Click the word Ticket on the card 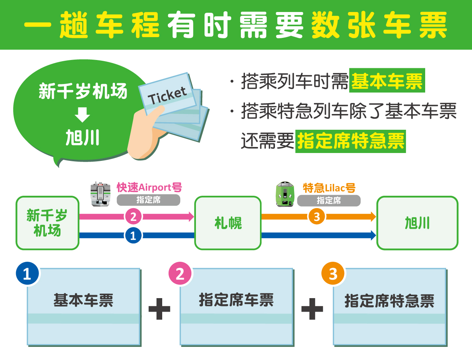pos(167,96)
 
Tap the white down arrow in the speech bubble pos(82,114)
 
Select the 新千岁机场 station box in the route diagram pos(47,223)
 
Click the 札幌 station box pos(228,223)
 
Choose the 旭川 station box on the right pos(417,223)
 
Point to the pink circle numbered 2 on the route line pos(133,216)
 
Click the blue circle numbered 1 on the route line pos(133,235)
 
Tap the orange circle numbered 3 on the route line pos(317,216)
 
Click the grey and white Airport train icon pos(100,194)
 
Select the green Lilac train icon pos(285,194)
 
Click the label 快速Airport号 pos(149,187)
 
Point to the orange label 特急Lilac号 pos(329,187)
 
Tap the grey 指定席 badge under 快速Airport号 pos(148,200)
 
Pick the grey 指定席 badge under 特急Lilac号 pos(329,200)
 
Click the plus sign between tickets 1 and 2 pos(160,309)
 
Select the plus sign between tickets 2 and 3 pos(312,309)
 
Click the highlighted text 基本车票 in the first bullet pos(387,81)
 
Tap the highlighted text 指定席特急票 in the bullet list pos(351,141)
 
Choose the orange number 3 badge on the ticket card pos(333,274)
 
